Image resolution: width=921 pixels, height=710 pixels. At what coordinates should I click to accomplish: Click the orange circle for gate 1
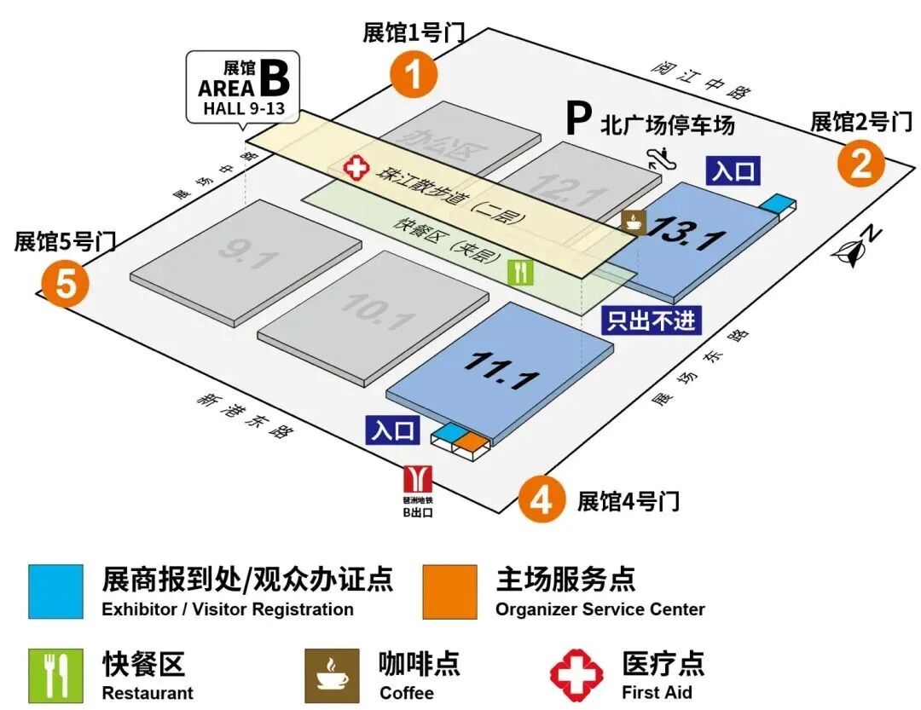point(414,75)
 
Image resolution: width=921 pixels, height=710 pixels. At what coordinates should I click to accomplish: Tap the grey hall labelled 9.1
point(246,253)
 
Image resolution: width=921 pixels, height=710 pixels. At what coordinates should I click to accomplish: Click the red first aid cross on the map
point(355,168)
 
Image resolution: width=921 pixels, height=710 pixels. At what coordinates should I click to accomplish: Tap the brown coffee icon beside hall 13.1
point(634,222)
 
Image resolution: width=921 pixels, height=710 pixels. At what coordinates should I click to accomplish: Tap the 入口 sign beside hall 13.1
point(733,171)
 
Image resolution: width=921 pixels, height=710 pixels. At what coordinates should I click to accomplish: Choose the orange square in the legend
point(449,592)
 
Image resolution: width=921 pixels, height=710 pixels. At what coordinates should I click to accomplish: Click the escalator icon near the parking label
point(657,156)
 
